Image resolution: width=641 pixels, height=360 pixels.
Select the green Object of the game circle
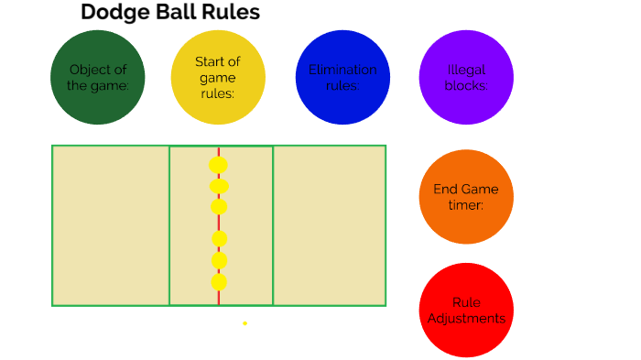click(x=97, y=77)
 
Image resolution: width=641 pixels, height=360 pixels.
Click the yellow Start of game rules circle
click(x=218, y=77)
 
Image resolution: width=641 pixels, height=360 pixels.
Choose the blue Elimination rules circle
click(x=342, y=77)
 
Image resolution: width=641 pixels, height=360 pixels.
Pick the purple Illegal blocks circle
click(x=466, y=77)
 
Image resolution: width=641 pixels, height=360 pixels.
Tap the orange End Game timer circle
click(x=466, y=197)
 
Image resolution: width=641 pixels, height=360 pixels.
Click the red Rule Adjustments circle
click(x=466, y=311)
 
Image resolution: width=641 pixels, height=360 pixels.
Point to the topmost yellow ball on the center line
click(x=218, y=165)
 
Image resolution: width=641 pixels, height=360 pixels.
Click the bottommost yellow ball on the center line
click(x=219, y=281)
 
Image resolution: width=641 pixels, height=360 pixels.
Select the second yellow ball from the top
click(x=218, y=187)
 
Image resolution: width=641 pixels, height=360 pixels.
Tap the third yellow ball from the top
click(x=218, y=206)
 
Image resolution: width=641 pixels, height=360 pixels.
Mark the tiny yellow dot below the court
click(x=244, y=322)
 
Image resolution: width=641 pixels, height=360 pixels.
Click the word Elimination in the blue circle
click(x=342, y=70)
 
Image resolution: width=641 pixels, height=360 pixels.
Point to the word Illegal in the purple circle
click(x=466, y=70)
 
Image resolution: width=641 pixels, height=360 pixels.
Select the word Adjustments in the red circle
click(x=466, y=319)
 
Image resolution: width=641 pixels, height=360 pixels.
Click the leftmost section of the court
click(x=111, y=225)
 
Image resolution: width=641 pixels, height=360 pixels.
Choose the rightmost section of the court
click(x=329, y=225)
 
